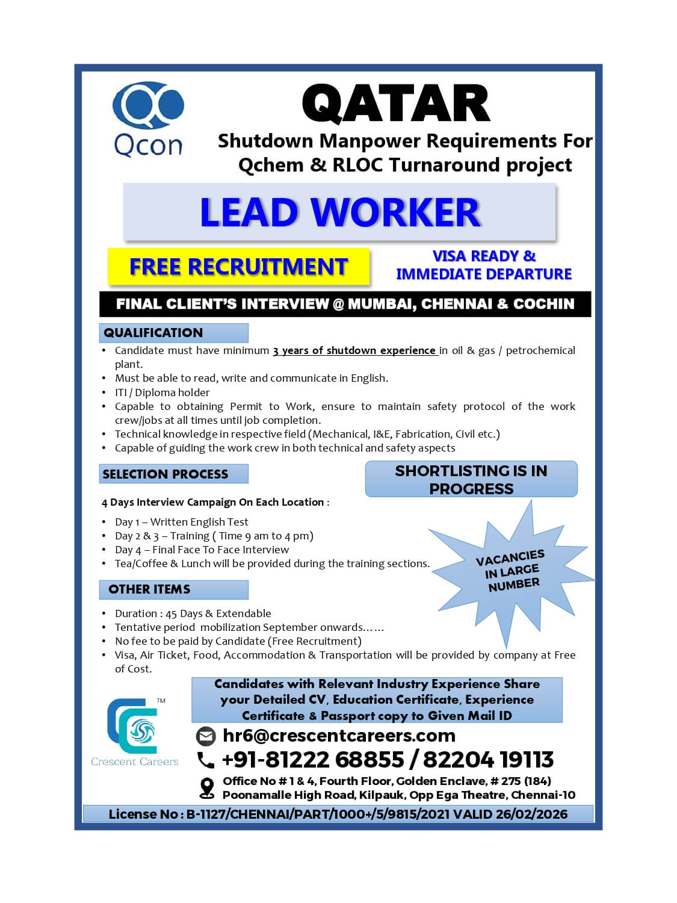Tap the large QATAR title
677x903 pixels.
(396, 104)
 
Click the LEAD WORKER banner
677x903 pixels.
(339, 212)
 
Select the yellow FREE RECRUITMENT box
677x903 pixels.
(238, 267)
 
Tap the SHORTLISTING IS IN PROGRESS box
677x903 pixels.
(471, 479)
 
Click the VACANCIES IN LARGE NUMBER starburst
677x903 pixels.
(510, 571)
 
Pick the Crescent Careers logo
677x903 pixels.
(134, 732)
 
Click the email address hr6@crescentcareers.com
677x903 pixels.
(339, 736)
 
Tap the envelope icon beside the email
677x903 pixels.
(206, 736)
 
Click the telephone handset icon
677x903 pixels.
(206, 760)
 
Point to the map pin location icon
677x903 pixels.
(206, 788)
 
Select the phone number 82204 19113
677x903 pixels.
(488, 760)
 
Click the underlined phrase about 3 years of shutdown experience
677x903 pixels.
(355, 350)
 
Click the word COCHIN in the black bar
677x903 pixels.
(543, 304)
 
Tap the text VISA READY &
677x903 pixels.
(484, 256)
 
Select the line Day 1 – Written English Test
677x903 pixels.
(181, 522)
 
